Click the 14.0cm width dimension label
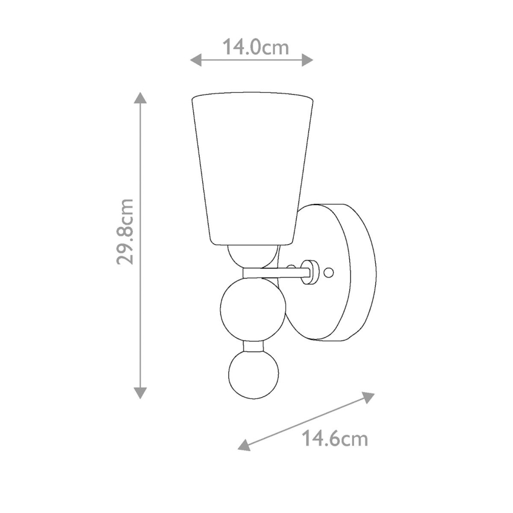[255, 47]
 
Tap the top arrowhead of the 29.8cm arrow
[140, 98]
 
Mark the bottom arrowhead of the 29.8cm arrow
[140, 392]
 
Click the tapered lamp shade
[253, 165]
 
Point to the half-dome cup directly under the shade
[253, 255]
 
